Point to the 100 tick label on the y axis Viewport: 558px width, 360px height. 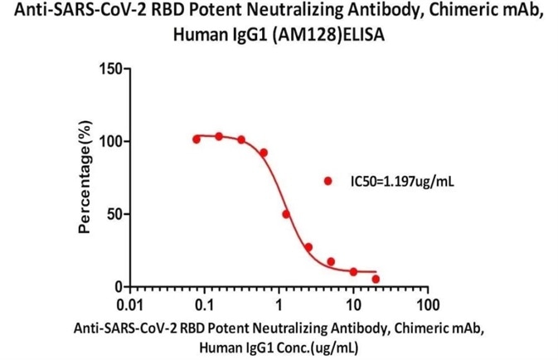[109, 141]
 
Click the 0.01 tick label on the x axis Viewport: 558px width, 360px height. [131, 304]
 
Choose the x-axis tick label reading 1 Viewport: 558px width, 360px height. [279, 304]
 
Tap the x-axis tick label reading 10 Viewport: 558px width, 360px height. [353, 304]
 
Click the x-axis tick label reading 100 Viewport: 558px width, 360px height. [427, 304]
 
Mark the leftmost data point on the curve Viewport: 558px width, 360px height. [197, 139]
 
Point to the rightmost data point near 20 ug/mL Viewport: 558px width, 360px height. [376, 279]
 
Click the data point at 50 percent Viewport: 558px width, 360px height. [286, 214]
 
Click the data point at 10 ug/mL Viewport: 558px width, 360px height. [353, 271]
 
